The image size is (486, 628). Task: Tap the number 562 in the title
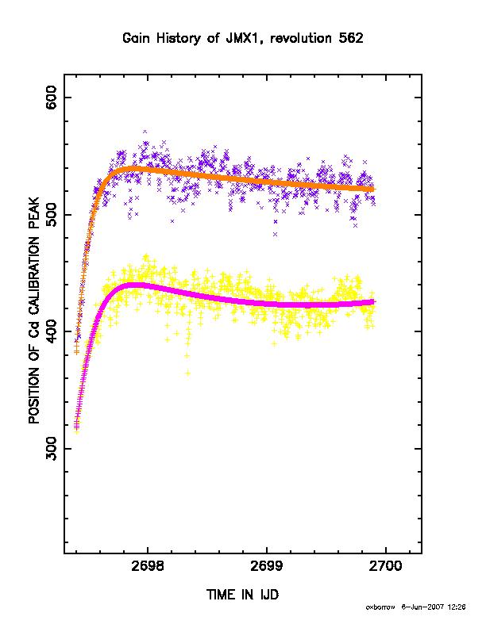tap(351, 38)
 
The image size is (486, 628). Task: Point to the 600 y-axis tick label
tap(52, 98)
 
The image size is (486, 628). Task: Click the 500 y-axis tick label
tap(52, 215)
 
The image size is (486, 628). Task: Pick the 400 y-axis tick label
tap(52, 331)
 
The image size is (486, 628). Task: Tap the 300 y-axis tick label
tap(52, 449)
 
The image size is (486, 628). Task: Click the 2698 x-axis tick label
tap(148, 566)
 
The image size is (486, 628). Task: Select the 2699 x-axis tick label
tap(267, 566)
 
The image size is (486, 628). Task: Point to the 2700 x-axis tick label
tap(385, 566)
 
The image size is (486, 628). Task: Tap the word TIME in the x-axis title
tap(222, 595)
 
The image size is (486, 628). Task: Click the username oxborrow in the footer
tap(380, 607)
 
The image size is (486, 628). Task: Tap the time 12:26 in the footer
tap(457, 607)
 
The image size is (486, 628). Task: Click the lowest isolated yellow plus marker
tap(187, 373)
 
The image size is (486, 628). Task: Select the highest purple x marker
tap(145, 132)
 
